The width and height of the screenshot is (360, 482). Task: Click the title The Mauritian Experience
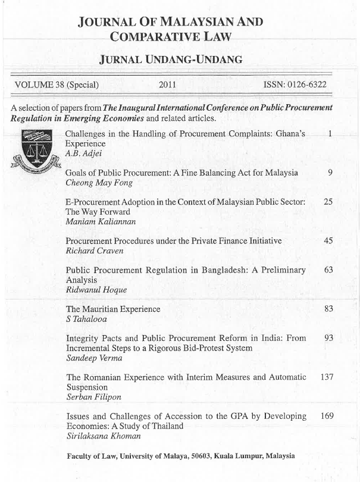point(113,309)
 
